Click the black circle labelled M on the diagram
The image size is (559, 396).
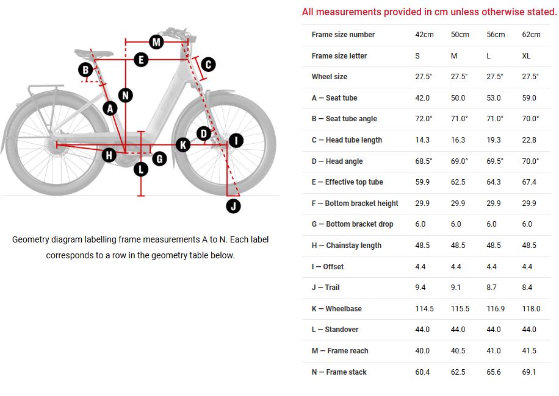[x=156, y=42]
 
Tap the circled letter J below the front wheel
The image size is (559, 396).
[x=233, y=206]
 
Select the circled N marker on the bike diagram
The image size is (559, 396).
[x=125, y=95]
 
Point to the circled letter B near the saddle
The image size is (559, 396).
[x=86, y=70]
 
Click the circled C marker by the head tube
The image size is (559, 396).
[x=207, y=64]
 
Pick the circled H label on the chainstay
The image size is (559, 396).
[x=109, y=155]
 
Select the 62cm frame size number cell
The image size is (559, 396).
[x=531, y=35]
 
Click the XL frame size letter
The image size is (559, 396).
[x=527, y=56]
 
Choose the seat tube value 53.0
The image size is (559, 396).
[x=494, y=98]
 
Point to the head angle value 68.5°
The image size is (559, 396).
[x=424, y=161]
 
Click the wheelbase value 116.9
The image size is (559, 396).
[x=496, y=309]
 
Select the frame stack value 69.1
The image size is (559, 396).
[x=529, y=372]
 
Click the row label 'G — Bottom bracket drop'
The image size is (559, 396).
[x=352, y=224]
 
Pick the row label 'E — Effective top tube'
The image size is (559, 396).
[x=347, y=182]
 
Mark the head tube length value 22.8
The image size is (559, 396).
[x=529, y=140]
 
